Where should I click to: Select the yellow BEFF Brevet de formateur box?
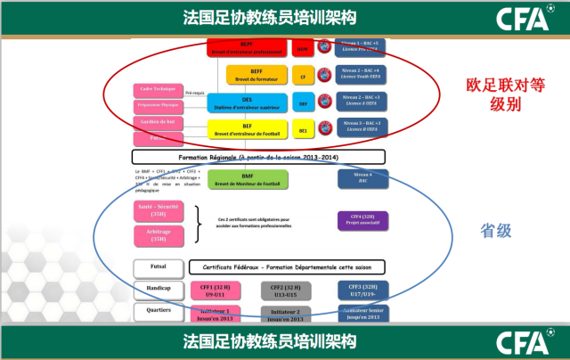257,73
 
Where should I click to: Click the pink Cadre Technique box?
157,89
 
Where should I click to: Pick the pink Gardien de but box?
157,121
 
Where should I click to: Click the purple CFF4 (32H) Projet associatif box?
362,220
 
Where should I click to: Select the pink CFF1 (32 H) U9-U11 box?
215,290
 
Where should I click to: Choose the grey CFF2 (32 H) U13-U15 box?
286,290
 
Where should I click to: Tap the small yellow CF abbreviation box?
303,78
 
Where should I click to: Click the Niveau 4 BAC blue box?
362,178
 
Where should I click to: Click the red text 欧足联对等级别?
503,95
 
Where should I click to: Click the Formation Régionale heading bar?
282,157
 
